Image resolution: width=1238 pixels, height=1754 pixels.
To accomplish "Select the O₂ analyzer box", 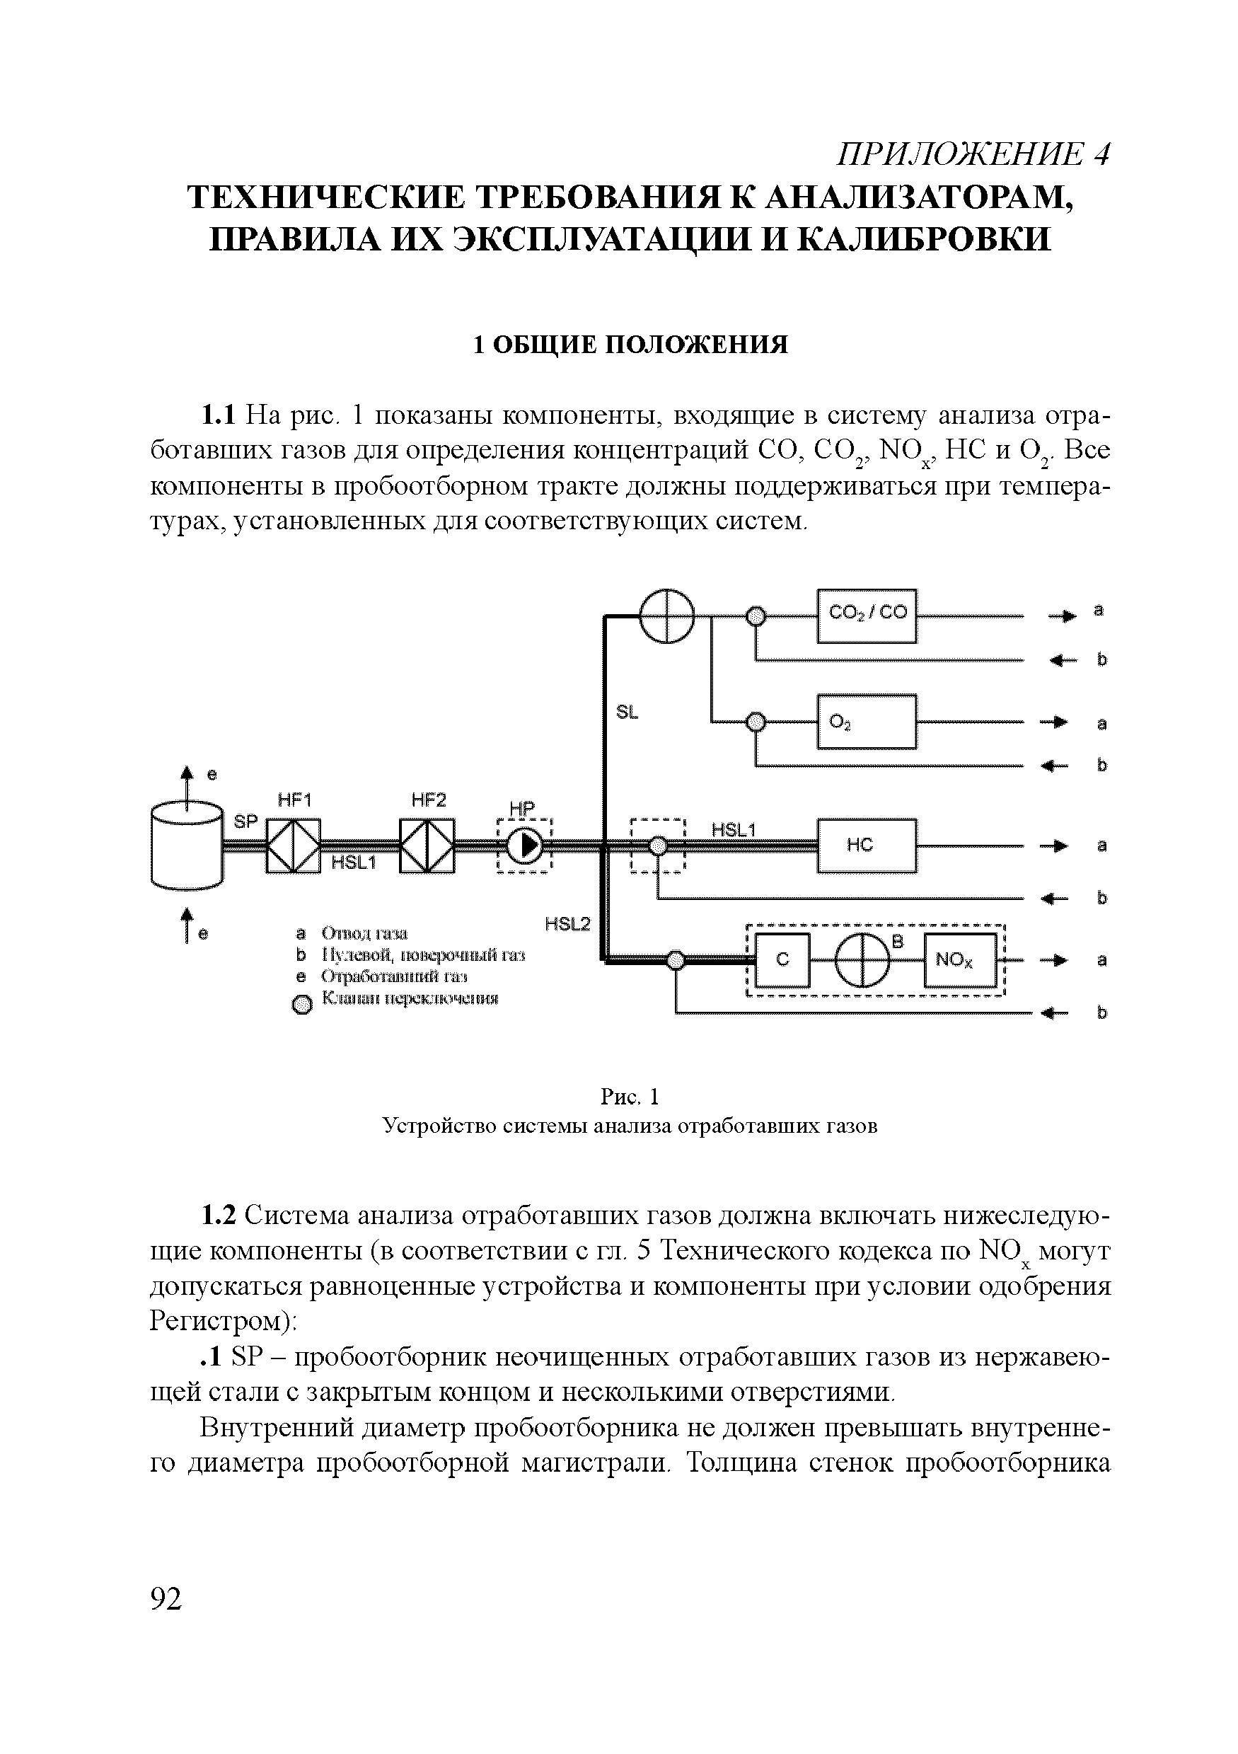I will pos(866,721).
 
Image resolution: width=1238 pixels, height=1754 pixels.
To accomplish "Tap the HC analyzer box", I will pos(866,845).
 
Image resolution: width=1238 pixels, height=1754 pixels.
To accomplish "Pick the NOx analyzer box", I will pos(960,960).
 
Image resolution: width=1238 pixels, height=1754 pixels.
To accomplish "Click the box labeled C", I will pos(782,960).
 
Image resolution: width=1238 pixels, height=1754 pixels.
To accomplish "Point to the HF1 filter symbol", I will pos(294,846).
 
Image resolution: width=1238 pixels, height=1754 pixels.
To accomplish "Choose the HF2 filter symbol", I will pos(428,846).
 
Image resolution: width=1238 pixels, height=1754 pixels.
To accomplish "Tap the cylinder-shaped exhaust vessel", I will pos(187,845).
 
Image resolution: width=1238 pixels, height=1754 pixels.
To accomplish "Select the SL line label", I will pos(627,712).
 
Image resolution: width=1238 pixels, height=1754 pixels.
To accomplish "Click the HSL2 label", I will pos(567,924).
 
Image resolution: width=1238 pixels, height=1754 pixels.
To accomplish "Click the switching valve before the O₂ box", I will pos(756,721).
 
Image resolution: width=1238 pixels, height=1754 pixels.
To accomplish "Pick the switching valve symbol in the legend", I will pos(303,1005).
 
